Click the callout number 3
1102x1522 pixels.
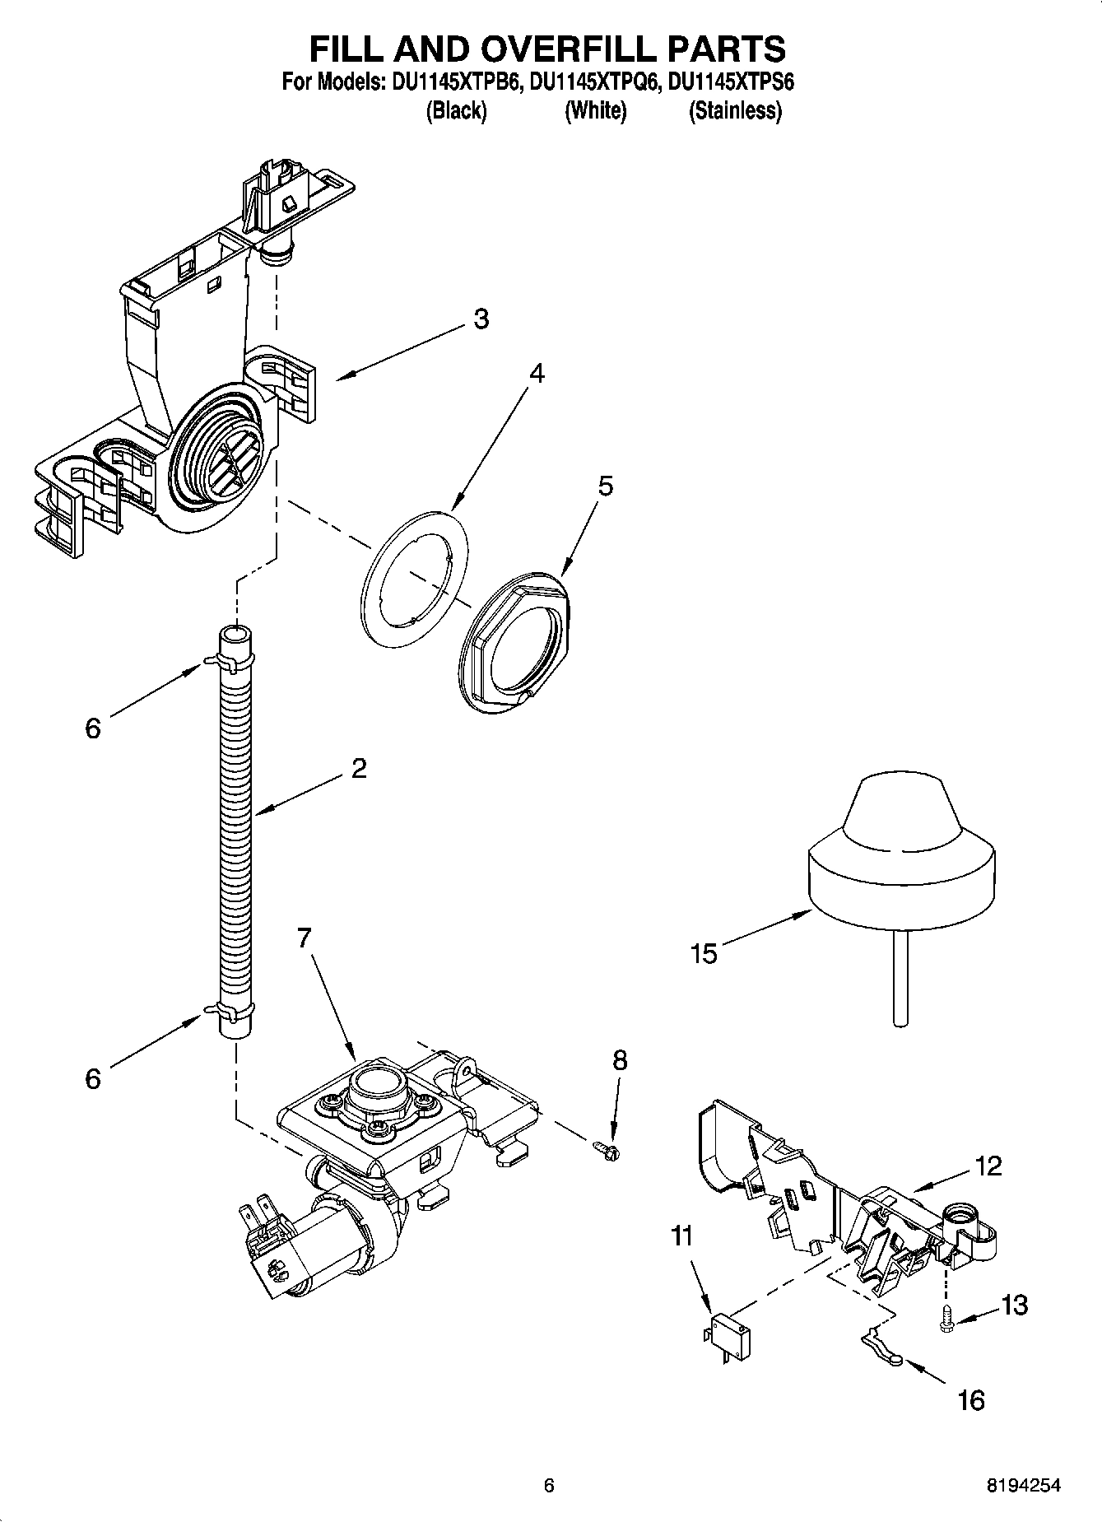481,319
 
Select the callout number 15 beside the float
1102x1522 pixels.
704,954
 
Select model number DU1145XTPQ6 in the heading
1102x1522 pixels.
594,82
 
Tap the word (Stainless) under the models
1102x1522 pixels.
735,110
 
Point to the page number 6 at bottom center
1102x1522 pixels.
549,1485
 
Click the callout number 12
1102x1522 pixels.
988,1166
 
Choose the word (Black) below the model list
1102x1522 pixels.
456,110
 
